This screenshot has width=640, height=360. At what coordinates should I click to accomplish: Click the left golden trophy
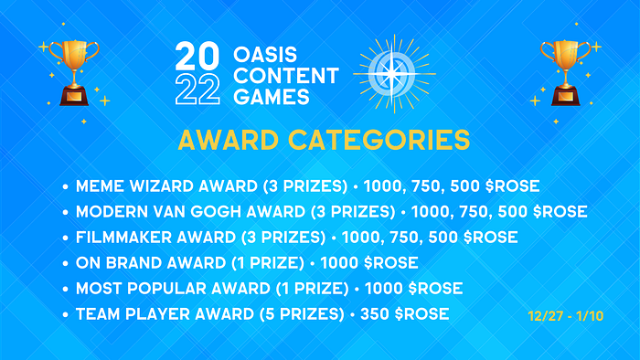pos(74,73)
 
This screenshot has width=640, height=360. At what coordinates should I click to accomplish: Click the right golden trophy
pos(565,73)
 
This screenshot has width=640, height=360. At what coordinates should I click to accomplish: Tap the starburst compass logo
pos(394,74)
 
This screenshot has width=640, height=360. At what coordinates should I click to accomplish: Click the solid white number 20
pos(197,56)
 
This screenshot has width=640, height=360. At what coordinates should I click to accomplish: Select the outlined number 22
pos(197,90)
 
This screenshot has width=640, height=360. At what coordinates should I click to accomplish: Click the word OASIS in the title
pos(265,55)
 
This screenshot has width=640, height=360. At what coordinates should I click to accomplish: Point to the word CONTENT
pos(286,76)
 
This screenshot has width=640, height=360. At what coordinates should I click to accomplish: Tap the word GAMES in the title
pos(272,97)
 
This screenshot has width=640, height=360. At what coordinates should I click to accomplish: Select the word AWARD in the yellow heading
pos(229,140)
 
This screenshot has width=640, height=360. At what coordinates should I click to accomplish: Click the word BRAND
pos(133,263)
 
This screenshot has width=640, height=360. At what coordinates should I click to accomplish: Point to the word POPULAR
pos(166,289)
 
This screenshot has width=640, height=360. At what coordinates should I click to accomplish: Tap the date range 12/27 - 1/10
pos(565,316)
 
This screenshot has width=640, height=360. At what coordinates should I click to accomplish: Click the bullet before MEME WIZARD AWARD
pos(65,187)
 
